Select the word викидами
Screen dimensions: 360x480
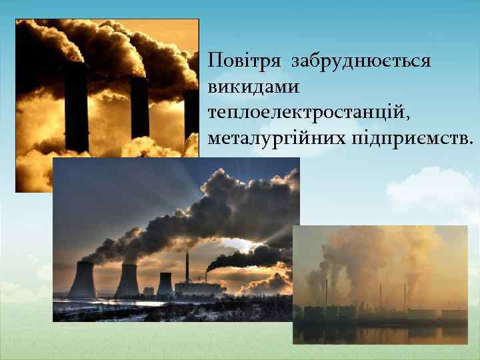(253, 87)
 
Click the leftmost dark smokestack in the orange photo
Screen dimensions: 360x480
(76, 107)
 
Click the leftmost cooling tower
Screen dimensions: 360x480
(82, 280)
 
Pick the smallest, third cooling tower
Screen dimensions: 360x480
(164, 283)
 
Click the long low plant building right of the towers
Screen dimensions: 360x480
(200, 288)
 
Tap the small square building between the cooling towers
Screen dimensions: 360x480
(148, 291)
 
